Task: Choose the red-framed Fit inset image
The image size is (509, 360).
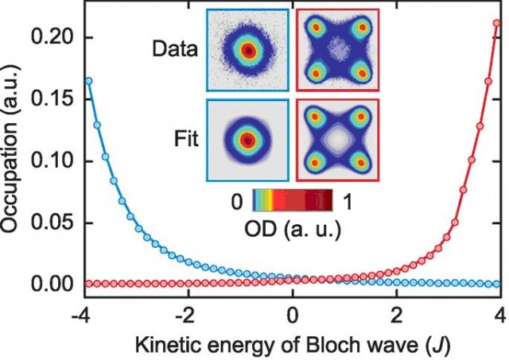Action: tap(337, 140)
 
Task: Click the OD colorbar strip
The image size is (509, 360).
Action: tap(293, 201)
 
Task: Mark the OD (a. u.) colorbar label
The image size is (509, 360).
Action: tap(293, 230)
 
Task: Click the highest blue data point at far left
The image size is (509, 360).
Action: tap(87, 81)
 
